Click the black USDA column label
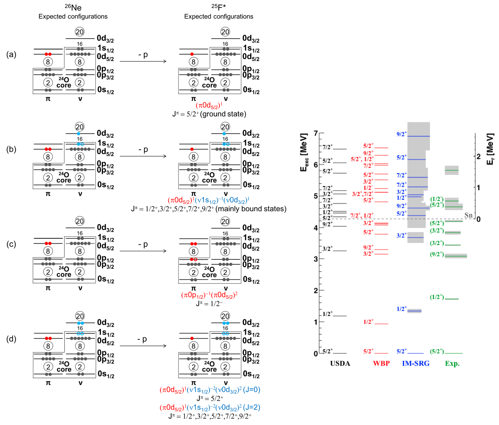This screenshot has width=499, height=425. click(340, 364)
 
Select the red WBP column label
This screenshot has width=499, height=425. click(381, 364)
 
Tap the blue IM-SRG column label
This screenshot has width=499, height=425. click(416, 364)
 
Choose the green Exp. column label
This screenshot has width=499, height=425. click(452, 364)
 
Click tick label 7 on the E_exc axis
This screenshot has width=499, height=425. click(316, 133)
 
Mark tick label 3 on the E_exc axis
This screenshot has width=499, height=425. click(316, 259)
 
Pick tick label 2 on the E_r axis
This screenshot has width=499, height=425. click(478, 156)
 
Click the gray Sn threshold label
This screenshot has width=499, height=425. click(468, 215)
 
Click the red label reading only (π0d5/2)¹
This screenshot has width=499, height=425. click(209, 106)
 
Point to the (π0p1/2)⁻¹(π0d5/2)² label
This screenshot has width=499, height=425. click(209, 295)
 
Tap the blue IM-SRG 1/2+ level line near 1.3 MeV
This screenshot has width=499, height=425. click(414, 311)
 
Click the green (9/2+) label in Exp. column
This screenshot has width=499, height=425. click(437, 254)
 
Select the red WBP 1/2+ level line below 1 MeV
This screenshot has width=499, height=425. click(381, 324)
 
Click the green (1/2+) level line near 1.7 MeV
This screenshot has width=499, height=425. click(451, 299)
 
